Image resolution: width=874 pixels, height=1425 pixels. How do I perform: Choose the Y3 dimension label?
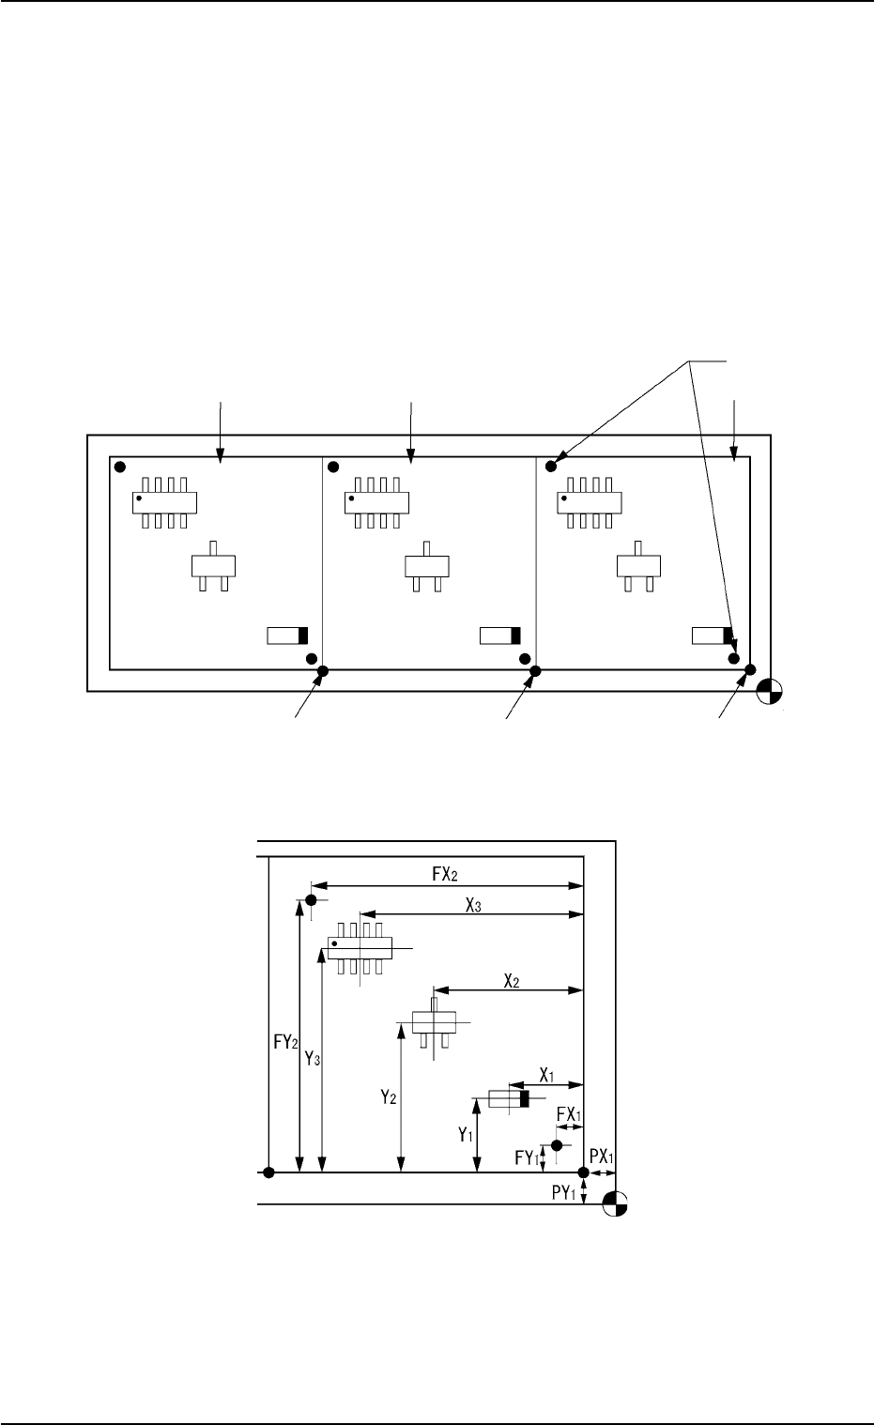click(314, 1059)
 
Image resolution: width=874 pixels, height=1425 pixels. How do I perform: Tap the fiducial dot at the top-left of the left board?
click(119, 466)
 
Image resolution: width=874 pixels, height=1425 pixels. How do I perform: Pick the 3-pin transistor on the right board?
click(637, 566)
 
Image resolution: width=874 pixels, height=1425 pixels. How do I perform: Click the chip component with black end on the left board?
click(287, 636)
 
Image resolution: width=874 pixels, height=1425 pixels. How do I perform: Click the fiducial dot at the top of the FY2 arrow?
click(310, 900)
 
